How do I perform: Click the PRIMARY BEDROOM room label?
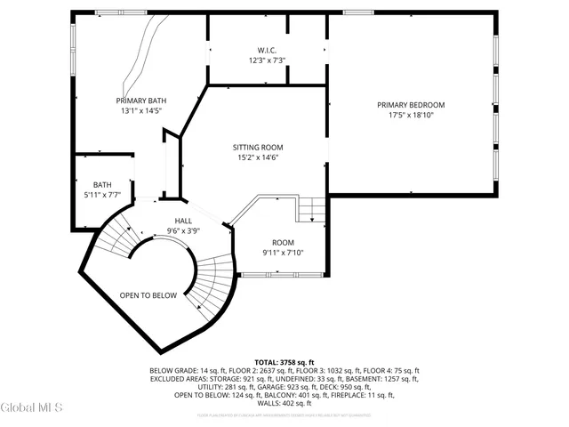(x=410, y=105)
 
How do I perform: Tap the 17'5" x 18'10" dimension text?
(x=410, y=116)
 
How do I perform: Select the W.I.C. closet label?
(x=267, y=50)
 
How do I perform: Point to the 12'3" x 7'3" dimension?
(x=267, y=60)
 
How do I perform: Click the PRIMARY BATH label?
(x=140, y=101)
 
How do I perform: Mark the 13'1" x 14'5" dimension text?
(x=140, y=111)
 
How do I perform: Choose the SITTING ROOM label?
(x=258, y=147)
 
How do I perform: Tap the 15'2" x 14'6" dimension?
(x=258, y=157)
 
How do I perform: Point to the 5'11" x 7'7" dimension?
(x=102, y=195)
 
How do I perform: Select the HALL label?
(x=183, y=221)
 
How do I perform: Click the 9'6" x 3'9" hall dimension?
(x=183, y=231)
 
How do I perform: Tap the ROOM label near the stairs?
(x=284, y=242)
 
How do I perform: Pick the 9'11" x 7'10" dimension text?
(x=284, y=253)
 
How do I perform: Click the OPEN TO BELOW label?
(x=148, y=295)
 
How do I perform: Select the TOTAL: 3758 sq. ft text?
(x=284, y=362)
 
